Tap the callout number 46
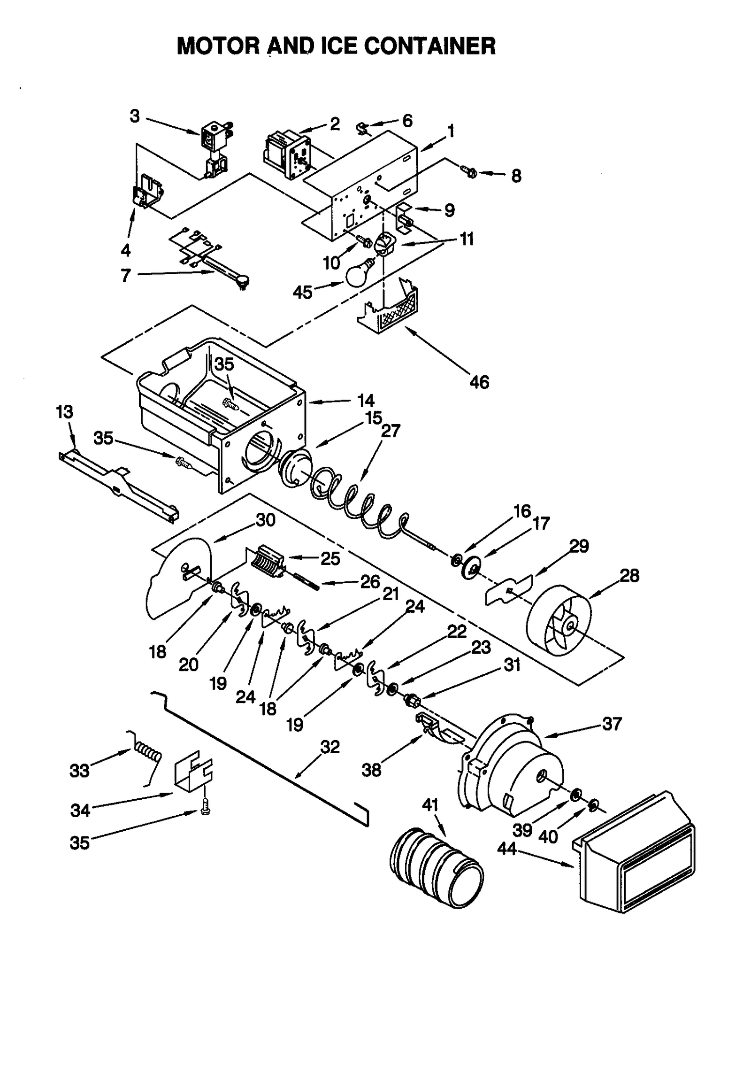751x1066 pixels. point(479,382)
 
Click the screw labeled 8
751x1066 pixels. point(470,172)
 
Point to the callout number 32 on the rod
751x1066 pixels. point(330,747)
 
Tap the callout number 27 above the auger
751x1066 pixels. point(391,431)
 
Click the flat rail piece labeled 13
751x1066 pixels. point(117,484)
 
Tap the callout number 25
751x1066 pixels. point(330,558)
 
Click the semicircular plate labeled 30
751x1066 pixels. point(176,578)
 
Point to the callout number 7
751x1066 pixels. point(125,276)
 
